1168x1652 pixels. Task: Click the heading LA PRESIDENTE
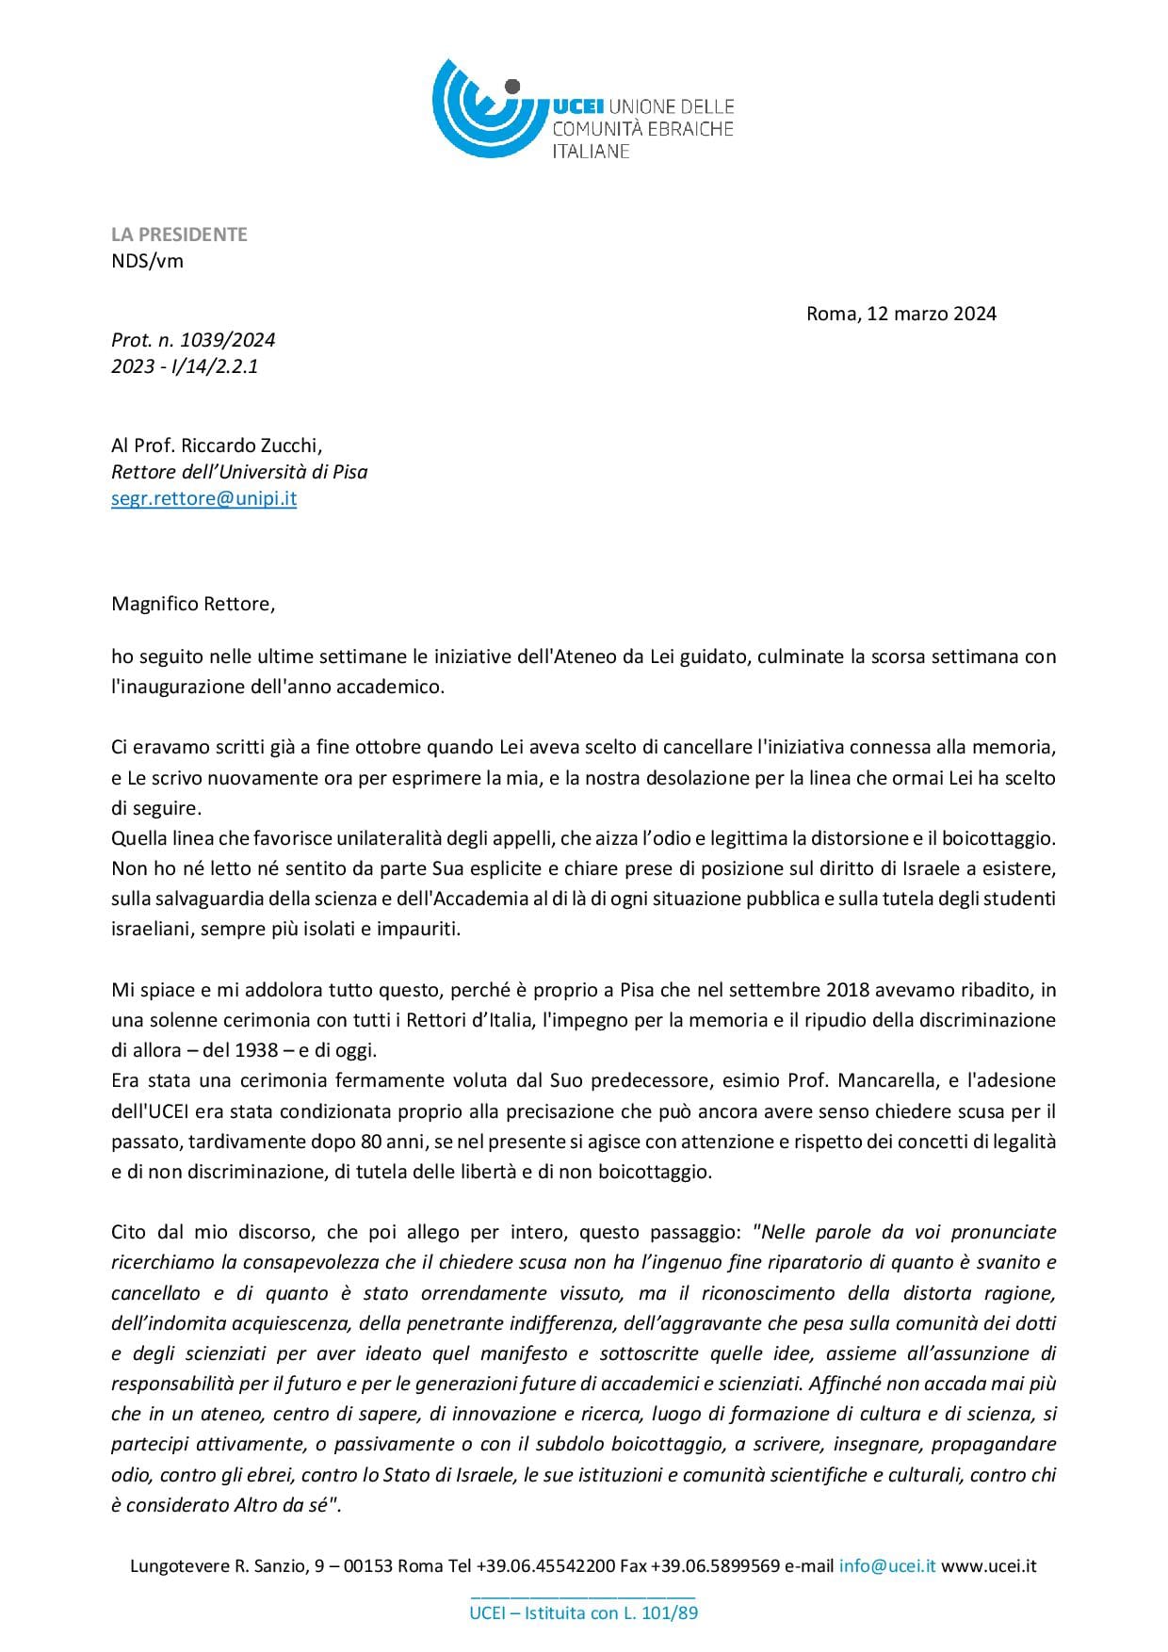tap(179, 235)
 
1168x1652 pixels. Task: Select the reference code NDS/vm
tap(147, 261)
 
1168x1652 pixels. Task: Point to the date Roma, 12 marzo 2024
tap(900, 314)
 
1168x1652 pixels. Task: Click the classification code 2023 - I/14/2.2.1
tap(185, 366)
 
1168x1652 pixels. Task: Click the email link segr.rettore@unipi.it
tap(203, 498)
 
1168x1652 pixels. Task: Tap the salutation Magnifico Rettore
tap(192, 604)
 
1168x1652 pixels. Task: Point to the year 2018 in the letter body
tap(848, 990)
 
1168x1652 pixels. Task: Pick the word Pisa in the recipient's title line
tap(349, 472)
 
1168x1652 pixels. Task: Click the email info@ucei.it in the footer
tap(887, 1566)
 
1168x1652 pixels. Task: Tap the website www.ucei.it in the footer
tap(989, 1566)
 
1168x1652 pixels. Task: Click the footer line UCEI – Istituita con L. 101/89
tap(584, 1612)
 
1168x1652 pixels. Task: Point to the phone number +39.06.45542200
tap(546, 1566)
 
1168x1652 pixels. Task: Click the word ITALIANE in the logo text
tap(591, 152)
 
